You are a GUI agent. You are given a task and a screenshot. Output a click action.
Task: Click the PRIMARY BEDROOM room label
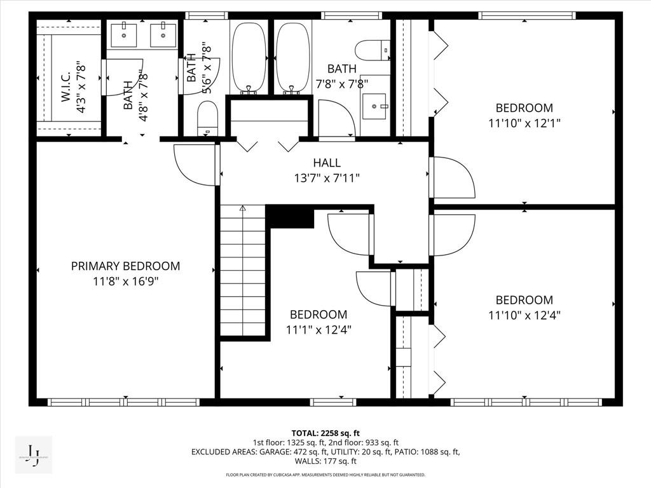click(125, 266)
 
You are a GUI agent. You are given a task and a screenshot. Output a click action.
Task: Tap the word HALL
click(327, 163)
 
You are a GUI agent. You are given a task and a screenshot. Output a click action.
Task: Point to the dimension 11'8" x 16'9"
click(125, 282)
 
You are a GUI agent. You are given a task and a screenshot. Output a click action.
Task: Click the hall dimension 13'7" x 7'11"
click(327, 179)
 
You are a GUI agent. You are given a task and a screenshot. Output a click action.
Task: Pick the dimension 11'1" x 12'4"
click(319, 330)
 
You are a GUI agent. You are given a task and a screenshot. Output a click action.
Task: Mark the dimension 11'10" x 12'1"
click(524, 123)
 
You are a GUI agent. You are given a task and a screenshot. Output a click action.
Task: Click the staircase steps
click(243, 273)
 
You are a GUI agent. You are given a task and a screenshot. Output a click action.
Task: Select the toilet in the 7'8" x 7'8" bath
click(373, 49)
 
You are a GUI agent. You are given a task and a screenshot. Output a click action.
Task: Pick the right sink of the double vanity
click(163, 35)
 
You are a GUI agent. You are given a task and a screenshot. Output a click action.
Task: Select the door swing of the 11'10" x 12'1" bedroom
click(453, 177)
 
